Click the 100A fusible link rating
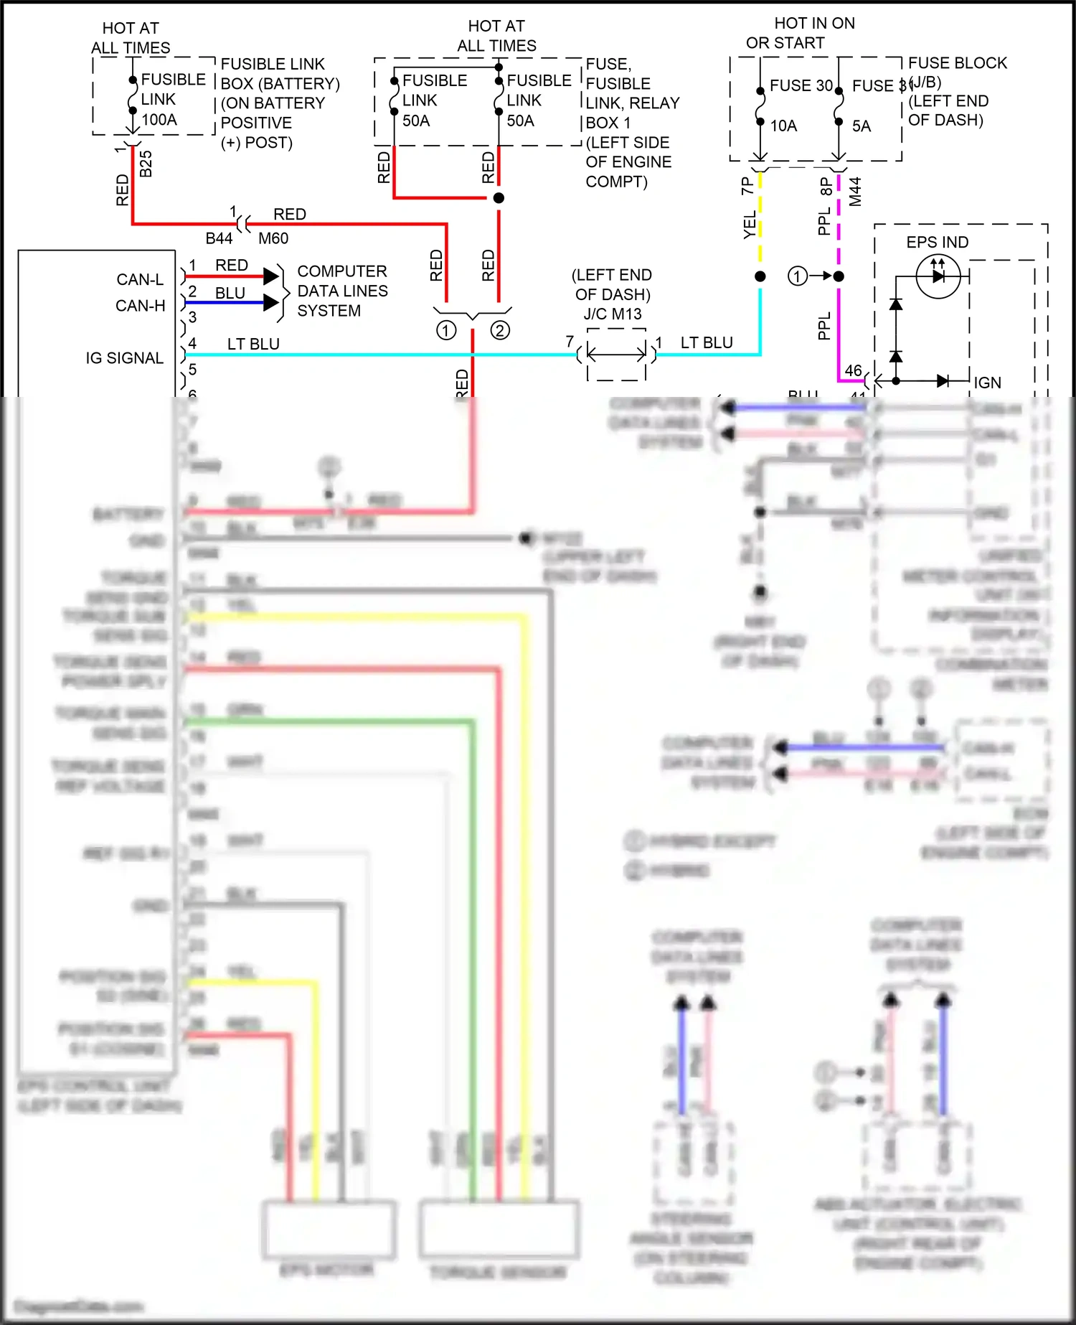(x=159, y=119)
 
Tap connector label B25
(x=146, y=164)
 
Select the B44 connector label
(x=219, y=238)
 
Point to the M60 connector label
(x=273, y=238)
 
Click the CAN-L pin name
(x=140, y=279)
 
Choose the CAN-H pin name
(x=140, y=306)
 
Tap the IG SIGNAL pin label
(x=125, y=358)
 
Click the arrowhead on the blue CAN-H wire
(x=270, y=302)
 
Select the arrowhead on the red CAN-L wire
(x=270, y=276)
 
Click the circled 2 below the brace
(x=500, y=330)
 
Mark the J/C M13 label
(x=613, y=314)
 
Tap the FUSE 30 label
(x=801, y=85)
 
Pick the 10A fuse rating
(x=783, y=126)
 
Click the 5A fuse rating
(x=862, y=126)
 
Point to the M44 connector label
(x=855, y=192)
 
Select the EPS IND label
(x=937, y=243)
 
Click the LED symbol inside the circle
(x=938, y=276)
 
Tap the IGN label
(x=987, y=383)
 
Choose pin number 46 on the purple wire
(x=853, y=370)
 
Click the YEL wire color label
(x=750, y=225)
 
